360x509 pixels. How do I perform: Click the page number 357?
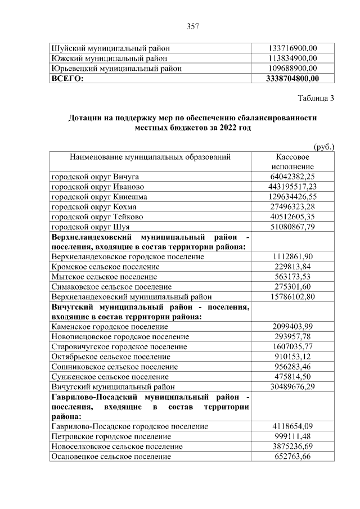pyautogui.click(x=193, y=26)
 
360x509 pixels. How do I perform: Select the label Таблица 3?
pyautogui.click(x=316, y=98)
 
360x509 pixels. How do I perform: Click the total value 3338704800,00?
pyautogui.click(x=292, y=79)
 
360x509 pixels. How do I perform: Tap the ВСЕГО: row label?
pyautogui.click(x=67, y=79)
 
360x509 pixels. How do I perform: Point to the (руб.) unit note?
pyautogui.click(x=323, y=146)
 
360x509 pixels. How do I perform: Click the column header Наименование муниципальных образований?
pyautogui.click(x=150, y=157)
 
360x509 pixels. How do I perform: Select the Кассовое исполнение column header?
pyautogui.click(x=292, y=162)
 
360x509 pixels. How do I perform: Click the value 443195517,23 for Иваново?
pyautogui.click(x=292, y=187)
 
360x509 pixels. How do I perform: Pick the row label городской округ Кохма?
pyautogui.click(x=91, y=207)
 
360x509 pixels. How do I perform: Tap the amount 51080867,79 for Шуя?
pyautogui.click(x=292, y=227)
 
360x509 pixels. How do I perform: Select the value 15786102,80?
pyautogui.click(x=292, y=296)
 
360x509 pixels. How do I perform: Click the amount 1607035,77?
pyautogui.click(x=292, y=346)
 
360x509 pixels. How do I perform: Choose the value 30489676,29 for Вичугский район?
pyautogui.click(x=292, y=386)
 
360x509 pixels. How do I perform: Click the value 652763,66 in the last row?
pyautogui.click(x=292, y=457)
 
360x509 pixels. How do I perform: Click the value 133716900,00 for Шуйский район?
pyautogui.click(x=292, y=48)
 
